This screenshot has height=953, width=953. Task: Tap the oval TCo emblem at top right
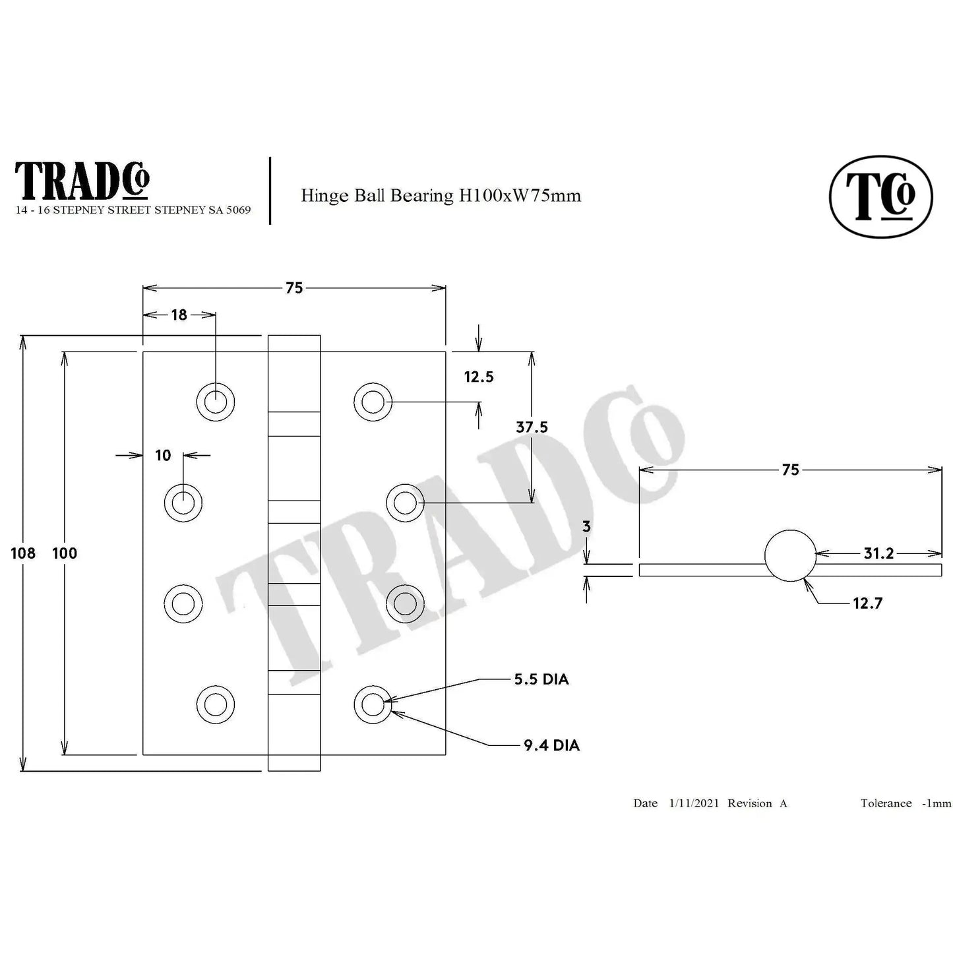[x=880, y=197]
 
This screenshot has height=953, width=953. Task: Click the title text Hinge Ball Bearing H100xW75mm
[x=441, y=195]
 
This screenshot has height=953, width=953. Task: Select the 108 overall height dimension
[x=23, y=553]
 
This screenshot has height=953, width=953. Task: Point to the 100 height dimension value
[x=65, y=553]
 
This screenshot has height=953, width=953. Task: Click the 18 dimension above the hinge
[x=179, y=315]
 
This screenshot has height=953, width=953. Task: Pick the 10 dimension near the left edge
[x=163, y=455]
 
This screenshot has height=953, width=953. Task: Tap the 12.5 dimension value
[x=478, y=377]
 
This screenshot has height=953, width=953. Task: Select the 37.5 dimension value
[x=532, y=427]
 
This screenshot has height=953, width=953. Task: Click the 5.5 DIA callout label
[x=541, y=679]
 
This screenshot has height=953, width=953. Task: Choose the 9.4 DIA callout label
[x=551, y=745]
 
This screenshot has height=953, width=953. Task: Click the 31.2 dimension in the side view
[x=878, y=553]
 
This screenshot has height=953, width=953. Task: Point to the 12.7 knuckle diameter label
[x=867, y=603]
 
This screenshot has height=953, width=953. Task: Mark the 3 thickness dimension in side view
[x=586, y=527]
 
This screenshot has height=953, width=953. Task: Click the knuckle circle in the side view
[x=790, y=556]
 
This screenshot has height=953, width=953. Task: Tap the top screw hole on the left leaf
[x=216, y=401]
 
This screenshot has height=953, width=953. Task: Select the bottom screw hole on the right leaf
[x=373, y=704]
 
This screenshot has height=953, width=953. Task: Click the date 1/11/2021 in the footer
[x=694, y=803]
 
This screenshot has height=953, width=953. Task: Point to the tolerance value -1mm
[x=937, y=803]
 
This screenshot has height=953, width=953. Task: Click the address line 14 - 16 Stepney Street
[x=133, y=210]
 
